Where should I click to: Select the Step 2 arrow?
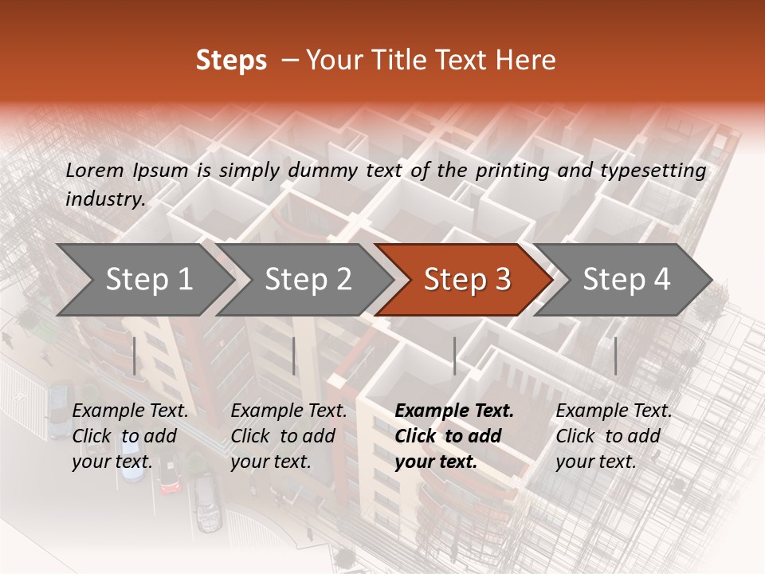[308, 280]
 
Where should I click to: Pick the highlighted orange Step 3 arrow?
[467, 280]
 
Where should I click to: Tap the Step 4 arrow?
[626, 280]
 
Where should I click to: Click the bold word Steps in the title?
[231, 61]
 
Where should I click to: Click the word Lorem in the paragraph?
[94, 171]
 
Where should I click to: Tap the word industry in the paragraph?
[105, 199]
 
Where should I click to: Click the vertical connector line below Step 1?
[135, 356]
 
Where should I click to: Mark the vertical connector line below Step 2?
[294, 356]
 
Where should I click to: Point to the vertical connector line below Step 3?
[454, 356]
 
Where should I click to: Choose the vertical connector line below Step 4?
[615, 356]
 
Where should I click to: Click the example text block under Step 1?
[130, 436]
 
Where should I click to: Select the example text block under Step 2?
[288, 436]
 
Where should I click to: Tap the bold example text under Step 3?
[454, 436]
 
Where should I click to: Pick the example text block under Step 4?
[614, 436]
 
